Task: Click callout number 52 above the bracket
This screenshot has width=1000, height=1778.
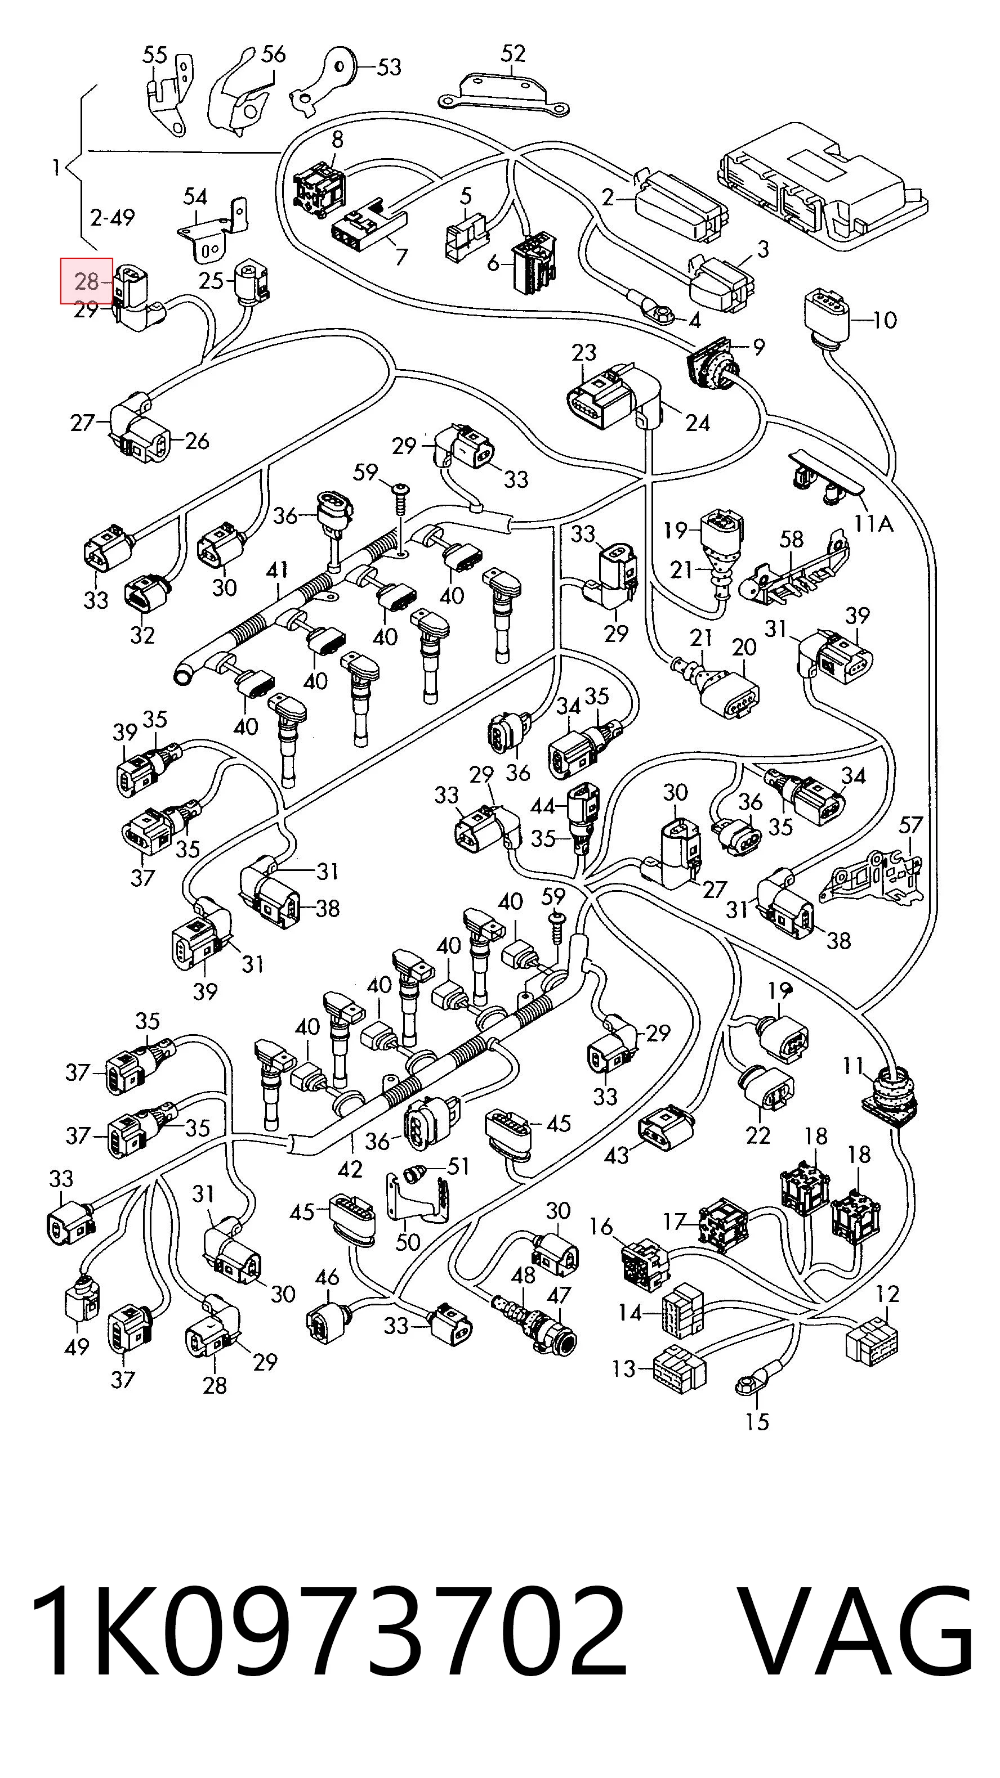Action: (512, 53)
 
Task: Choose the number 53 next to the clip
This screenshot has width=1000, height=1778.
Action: (389, 67)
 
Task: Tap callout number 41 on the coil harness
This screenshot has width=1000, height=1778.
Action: (277, 571)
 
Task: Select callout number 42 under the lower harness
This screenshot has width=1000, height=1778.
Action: (351, 1169)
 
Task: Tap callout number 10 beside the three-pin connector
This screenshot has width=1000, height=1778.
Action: (885, 320)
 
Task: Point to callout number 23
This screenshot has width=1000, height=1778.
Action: (583, 353)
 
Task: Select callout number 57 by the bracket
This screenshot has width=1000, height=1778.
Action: (911, 825)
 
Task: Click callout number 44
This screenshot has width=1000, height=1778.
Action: (543, 806)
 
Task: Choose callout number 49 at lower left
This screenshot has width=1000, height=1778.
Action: (77, 1346)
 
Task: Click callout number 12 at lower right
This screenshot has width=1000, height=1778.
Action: (887, 1294)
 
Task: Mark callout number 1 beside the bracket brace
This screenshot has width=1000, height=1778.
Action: (56, 167)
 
